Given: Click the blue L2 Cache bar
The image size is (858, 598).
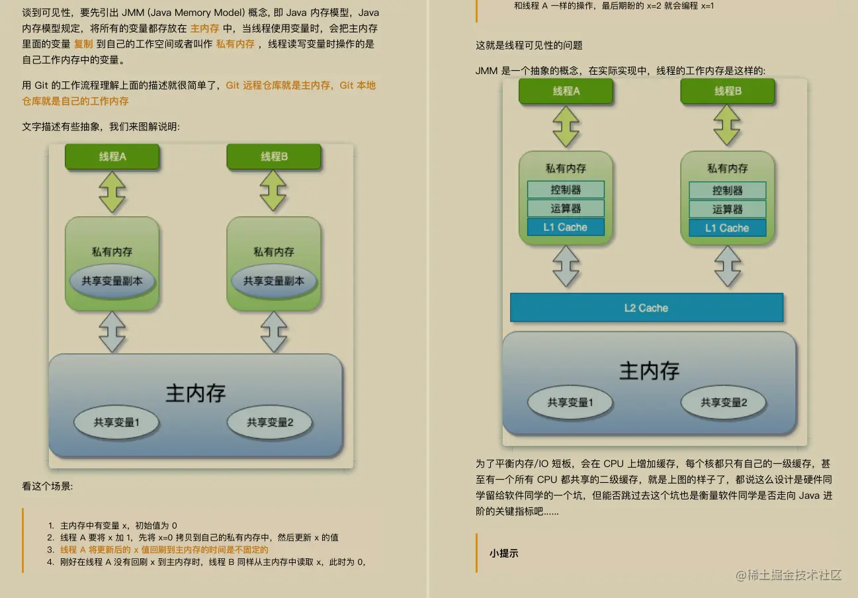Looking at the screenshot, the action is [646, 308].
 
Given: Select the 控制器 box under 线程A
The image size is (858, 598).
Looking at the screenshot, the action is [566, 190].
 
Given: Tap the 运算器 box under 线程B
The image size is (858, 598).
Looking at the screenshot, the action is [727, 209].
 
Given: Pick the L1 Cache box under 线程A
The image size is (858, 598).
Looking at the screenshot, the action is [566, 228].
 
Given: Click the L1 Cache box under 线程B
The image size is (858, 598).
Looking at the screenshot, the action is [727, 228].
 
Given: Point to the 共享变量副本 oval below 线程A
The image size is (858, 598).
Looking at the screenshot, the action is [112, 281].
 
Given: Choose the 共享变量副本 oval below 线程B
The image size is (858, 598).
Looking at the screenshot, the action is [274, 281].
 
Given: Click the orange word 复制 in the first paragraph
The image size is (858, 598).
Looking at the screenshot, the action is [83, 44].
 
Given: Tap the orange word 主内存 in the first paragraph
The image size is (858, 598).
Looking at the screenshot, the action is [204, 28].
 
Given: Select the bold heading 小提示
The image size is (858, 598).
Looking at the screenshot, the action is [503, 553].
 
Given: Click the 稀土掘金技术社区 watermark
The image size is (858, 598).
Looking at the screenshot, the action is [788, 574].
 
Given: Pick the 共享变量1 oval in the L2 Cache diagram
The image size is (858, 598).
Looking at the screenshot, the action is [570, 402].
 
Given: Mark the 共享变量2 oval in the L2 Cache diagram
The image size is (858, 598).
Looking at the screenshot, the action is [724, 402].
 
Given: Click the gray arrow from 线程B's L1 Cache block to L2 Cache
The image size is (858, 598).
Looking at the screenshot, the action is [727, 266].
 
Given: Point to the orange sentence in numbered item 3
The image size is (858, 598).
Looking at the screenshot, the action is [164, 550].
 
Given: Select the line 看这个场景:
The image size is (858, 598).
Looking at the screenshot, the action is [48, 486].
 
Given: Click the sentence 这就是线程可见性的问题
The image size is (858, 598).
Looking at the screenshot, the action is [529, 46].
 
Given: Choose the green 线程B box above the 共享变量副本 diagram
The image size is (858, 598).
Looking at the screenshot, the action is [274, 157].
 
